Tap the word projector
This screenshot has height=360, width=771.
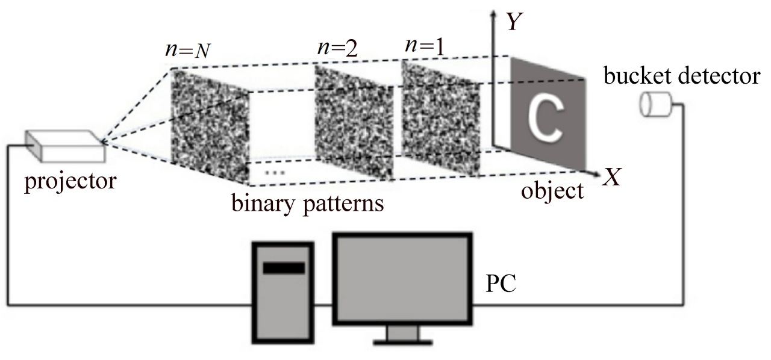pyautogui.click(x=70, y=180)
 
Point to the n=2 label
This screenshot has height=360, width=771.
pyautogui.click(x=337, y=49)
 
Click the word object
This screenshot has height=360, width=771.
pyautogui.click(x=553, y=191)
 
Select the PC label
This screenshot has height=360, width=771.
pyautogui.click(x=501, y=283)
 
